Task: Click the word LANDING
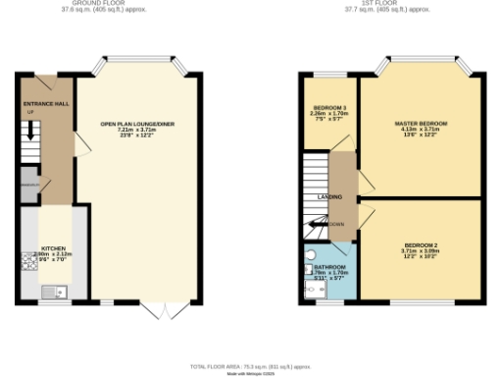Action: pos(329,196)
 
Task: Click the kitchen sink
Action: pos(53,291)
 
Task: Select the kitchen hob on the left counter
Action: pos(26,260)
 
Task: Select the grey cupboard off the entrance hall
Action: pos(28,185)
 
